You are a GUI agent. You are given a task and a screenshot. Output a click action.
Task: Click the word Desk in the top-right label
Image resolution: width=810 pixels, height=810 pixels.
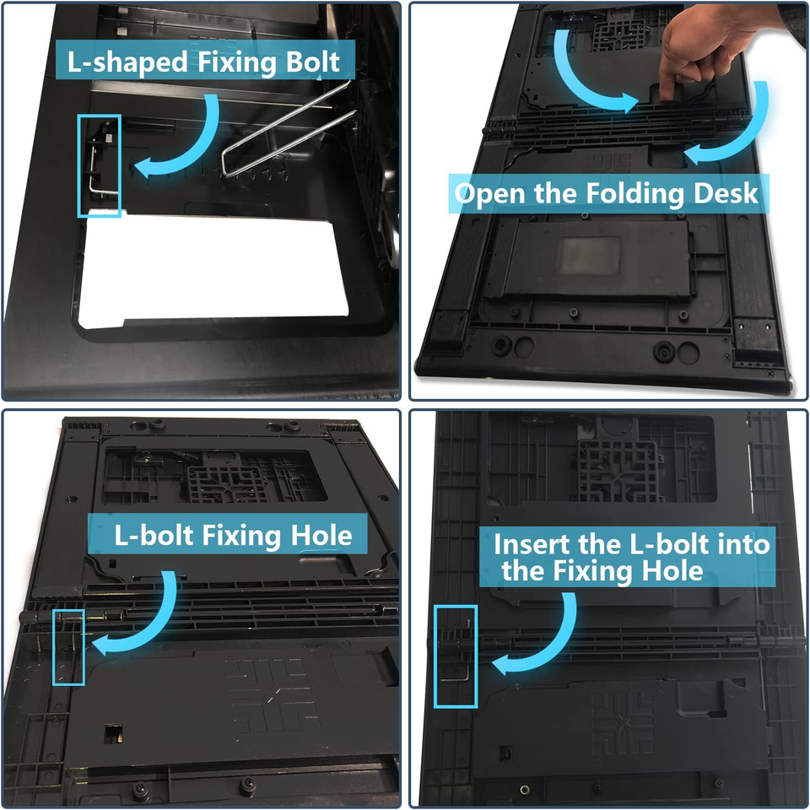tap(720, 194)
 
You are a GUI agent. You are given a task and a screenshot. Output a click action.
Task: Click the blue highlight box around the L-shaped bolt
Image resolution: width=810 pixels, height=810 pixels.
tap(100, 165)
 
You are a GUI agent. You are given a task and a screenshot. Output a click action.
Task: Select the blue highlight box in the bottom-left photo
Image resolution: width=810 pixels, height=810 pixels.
tap(68, 647)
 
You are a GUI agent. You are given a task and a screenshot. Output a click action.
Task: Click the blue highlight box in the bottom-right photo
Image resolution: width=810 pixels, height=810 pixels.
tap(456, 656)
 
